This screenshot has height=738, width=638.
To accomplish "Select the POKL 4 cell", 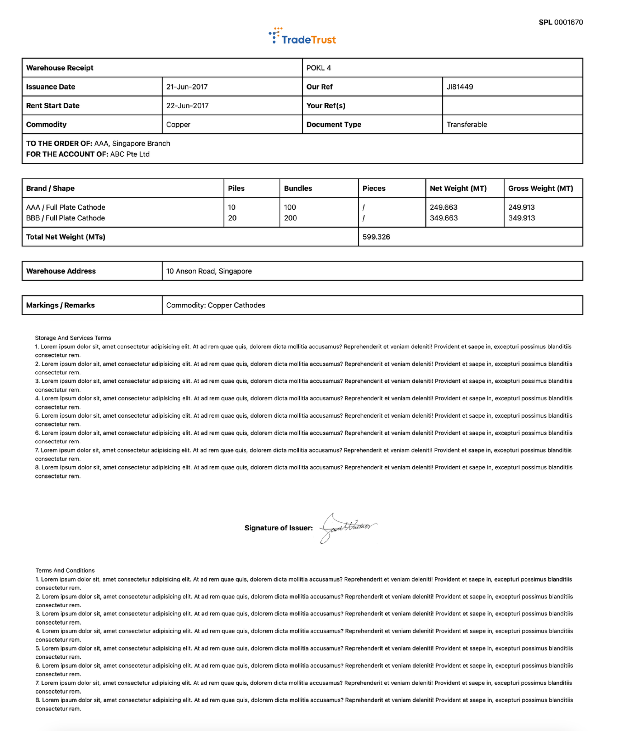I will [319, 68].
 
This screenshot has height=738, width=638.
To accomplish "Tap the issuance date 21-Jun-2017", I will [187, 87].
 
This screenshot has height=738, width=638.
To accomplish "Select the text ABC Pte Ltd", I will [130, 155].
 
